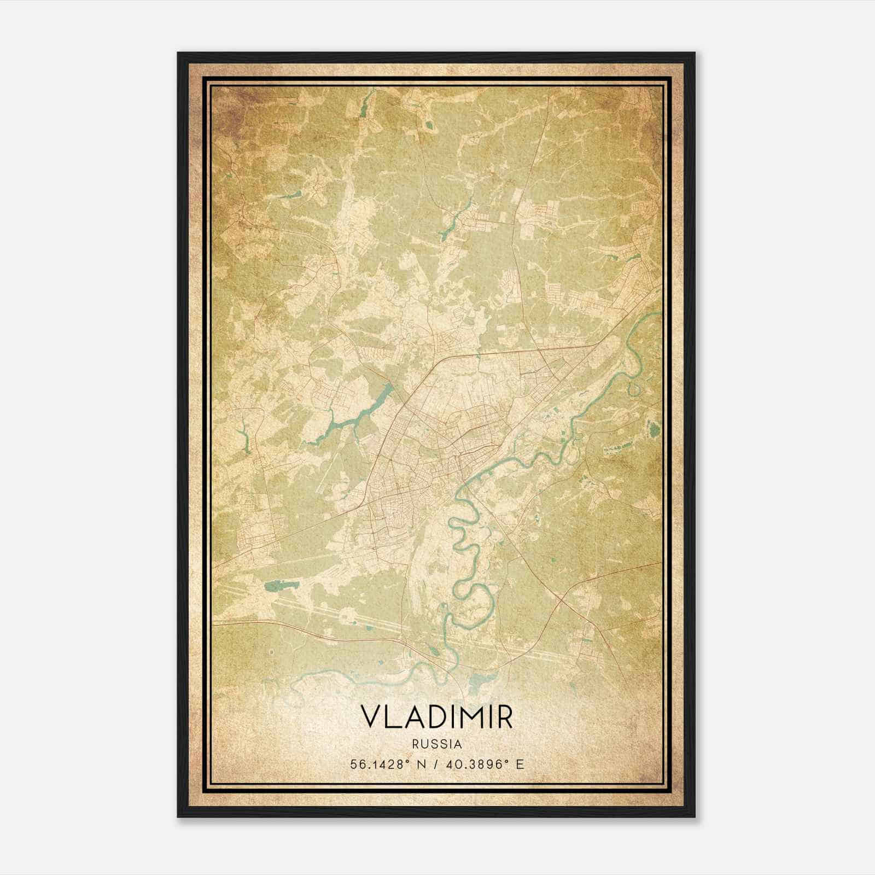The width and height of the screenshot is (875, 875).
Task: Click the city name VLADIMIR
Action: (x=437, y=716)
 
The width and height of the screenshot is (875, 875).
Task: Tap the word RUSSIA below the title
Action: (x=437, y=745)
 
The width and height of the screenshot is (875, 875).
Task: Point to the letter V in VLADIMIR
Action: (x=370, y=716)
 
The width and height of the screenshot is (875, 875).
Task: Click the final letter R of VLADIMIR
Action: (x=504, y=716)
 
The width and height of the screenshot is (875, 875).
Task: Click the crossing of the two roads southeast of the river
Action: (x=558, y=600)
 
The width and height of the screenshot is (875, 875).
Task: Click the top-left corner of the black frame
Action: (x=178, y=53)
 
